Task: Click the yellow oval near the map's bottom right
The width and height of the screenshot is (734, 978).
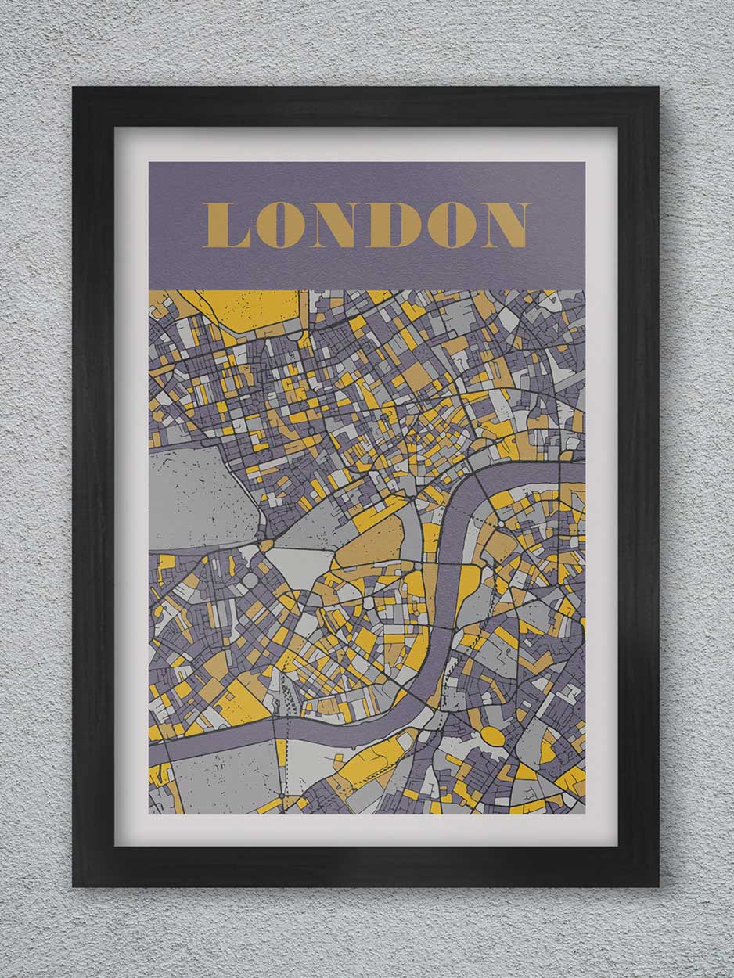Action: pyautogui.click(x=492, y=736)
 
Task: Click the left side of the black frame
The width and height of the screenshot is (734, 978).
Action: pyautogui.click(x=93, y=485)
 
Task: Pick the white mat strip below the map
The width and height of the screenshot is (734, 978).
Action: pyautogui.click(x=366, y=829)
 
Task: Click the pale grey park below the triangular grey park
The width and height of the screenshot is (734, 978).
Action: pyautogui.click(x=301, y=565)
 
